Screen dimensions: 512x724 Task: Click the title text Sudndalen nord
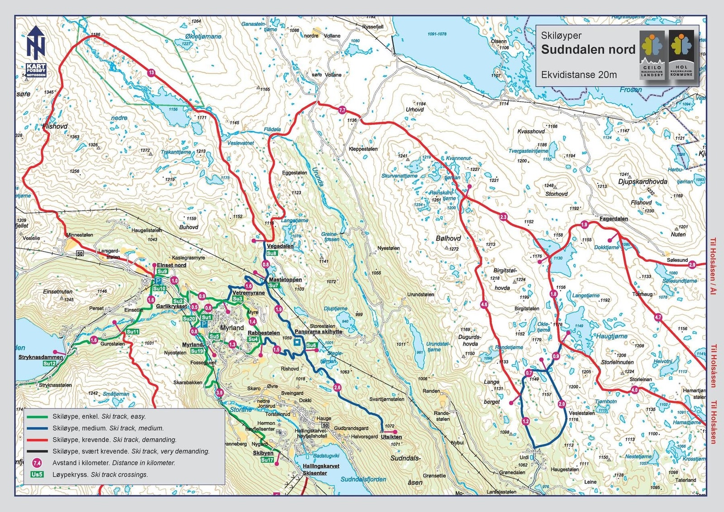point(588,50)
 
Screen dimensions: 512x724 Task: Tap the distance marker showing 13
point(151,72)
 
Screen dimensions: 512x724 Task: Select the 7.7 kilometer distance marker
point(342,110)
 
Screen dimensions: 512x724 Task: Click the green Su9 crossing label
point(162,271)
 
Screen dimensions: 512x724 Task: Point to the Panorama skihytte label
point(318,332)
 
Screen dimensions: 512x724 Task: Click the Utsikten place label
point(391,437)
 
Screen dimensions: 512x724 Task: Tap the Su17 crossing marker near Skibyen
point(267,460)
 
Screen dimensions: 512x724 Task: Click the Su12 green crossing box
point(49,364)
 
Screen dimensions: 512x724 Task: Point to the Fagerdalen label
point(614,219)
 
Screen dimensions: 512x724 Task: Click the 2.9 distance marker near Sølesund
point(692,265)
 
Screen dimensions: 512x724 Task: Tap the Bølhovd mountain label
point(448,238)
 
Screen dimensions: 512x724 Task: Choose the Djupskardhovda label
point(643,181)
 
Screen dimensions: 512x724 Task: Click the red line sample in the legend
point(37,440)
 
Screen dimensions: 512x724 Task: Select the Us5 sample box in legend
point(37,474)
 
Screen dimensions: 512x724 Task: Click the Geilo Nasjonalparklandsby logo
point(653,54)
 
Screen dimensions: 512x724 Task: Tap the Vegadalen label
point(280,246)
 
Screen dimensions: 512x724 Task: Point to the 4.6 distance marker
point(484,304)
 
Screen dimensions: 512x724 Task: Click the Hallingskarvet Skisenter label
point(321,469)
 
